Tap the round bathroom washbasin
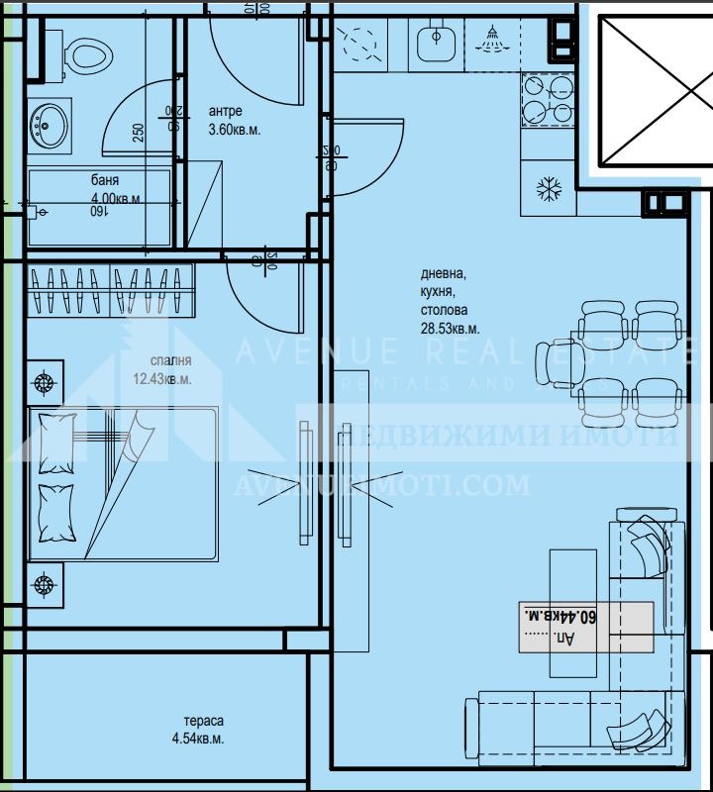pyautogui.click(x=47, y=126)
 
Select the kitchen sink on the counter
pyautogui.click(x=434, y=44)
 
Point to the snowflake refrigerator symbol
pyautogui.click(x=548, y=188)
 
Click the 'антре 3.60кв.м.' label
pyautogui.click(x=234, y=120)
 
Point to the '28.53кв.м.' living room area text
pyautogui.click(x=451, y=328)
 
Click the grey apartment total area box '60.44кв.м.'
pyautogui.click(x=586, y=627)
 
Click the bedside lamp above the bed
pyautogui.click(x=44, y=383)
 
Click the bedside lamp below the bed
pyautogui.click(x=44, y=584)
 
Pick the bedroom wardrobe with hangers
pyautogui.click(x=109, y=290)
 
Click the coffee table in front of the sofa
pyautogui.click(x=572, y=598)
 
